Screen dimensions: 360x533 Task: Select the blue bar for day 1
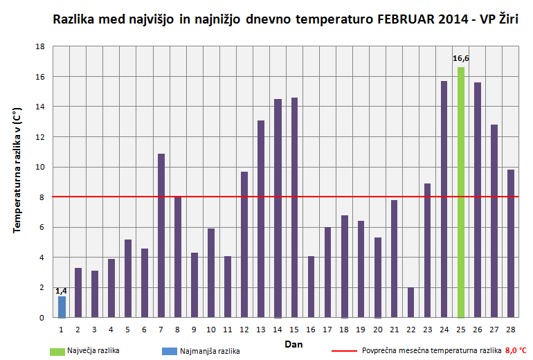pos(62,307)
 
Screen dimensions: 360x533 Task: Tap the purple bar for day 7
pos(161,235)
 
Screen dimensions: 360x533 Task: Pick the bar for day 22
pos(410,303)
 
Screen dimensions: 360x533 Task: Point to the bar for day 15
pos(294,208)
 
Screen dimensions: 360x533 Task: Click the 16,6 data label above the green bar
pos(460,59)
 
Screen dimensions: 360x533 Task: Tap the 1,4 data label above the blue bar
pos(62,291)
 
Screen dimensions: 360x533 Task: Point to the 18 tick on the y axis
pos(41,46)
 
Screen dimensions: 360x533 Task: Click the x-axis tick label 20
pos(377,329)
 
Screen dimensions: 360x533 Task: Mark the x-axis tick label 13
pos(261,329)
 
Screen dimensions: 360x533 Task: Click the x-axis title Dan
pos(293,343)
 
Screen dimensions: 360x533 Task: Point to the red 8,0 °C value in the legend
pos(516,351)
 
